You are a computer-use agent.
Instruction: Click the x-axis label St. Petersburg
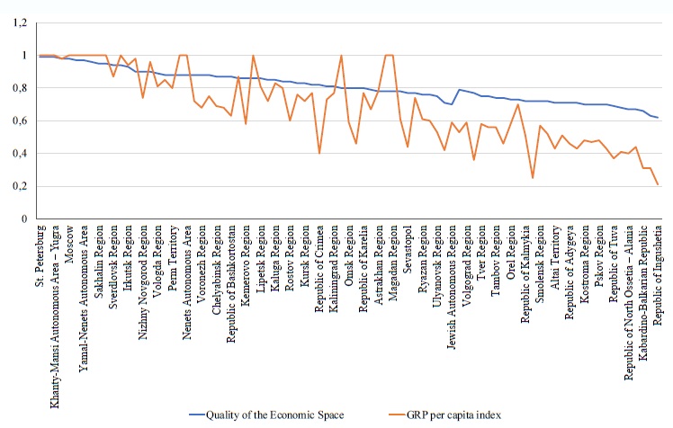[x=39, y=254]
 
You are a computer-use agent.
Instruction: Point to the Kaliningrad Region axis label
[x=334, y=266]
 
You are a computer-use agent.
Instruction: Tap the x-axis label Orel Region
[x=510, y=247]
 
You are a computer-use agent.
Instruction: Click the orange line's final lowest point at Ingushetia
[x=658, y=184]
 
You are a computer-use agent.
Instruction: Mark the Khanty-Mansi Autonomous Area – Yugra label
[x=55, y=301]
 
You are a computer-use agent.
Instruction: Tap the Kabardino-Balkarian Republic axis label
[x=642, y=285]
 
